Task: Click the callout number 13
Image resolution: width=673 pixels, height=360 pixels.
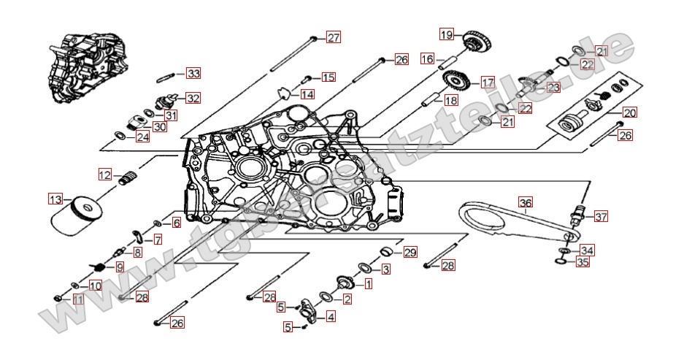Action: [x=55, y=198]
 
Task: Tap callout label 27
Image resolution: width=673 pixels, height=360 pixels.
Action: [x=333, y=38]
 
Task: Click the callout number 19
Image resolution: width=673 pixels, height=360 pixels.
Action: [x=446, y=34]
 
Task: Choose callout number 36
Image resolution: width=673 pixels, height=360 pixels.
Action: [x=526, y=202]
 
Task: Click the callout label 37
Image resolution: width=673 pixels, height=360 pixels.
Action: [x=601, y=217]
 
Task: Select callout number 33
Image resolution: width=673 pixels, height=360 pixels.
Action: [x=193, y=74]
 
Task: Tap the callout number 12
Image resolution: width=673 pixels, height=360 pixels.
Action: [x=106, y=175]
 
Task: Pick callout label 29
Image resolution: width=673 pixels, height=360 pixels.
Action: [x=409, y=253]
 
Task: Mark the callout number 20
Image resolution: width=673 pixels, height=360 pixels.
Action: [x=629, y=113]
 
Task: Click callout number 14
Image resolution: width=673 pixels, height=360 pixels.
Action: [x=307, y=95]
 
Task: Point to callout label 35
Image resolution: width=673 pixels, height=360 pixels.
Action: [x=582, y=261]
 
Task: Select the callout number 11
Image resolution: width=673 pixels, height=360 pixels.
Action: [x=77, y=299]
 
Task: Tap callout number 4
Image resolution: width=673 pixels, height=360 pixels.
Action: [x=331, y=317]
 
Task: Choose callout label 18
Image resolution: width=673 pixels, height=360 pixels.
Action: [x=451, y=101]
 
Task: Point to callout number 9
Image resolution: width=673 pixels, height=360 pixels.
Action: [x=120, y=267]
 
